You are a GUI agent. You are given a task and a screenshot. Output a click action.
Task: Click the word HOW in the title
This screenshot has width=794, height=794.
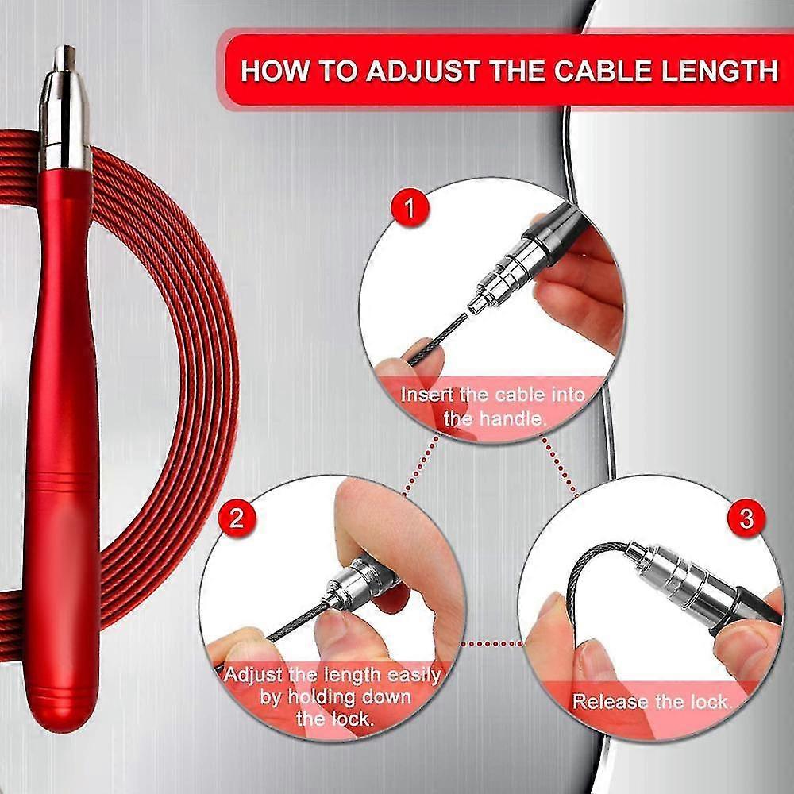click(x=275, y=70)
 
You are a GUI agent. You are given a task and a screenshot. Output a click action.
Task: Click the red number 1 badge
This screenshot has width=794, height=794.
click(x=410, y=208)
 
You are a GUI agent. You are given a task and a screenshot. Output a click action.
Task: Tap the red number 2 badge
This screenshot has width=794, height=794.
click(x=237, y=518)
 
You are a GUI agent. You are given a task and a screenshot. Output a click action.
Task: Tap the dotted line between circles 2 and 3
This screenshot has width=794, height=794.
click(x=491, y=644)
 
